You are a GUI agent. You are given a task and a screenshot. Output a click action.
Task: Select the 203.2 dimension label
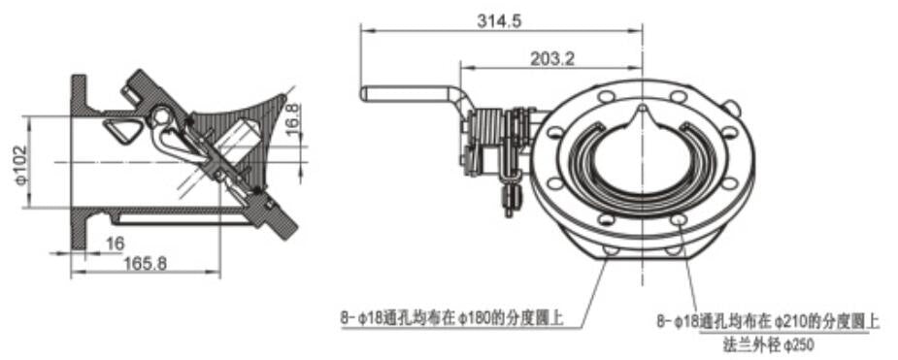552,58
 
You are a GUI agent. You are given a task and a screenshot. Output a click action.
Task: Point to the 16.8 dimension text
292,115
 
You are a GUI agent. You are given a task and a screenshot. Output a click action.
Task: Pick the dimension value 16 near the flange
116,243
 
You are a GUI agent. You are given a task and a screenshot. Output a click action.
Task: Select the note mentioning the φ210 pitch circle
768,319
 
